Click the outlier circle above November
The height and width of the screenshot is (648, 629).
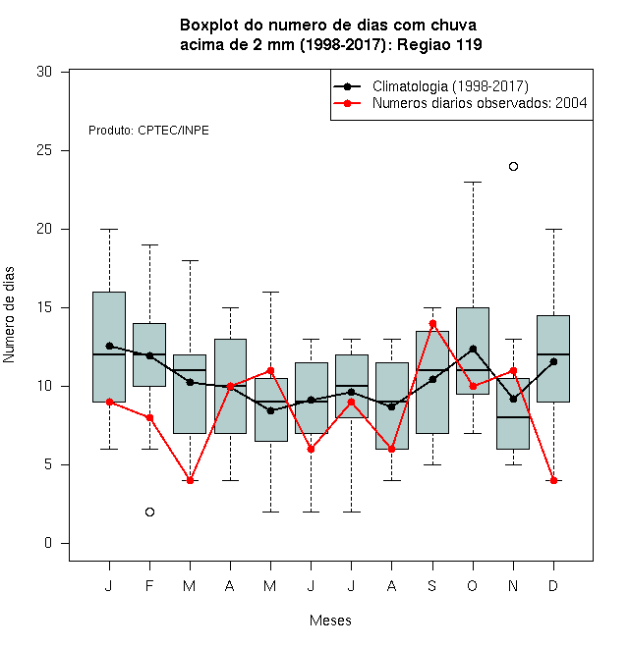pyautogui.click(x=513, y=167)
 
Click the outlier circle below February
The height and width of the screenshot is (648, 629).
pyautogui.click(x=149, y=513)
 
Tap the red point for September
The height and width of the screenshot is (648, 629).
pyautogui.click(x=432, y=324)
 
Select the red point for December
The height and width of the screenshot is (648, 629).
pyautogui.click(x=553, y=481)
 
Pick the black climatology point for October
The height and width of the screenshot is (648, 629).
pyautogui.click(x=473, y=350)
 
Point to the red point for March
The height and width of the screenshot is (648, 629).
pyautogui.click(x=190, y=481)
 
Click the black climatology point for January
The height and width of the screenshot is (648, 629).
pyautogui.click(x=109, y=346)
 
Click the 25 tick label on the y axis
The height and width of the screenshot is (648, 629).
pyautogui.click(x=44, y=150)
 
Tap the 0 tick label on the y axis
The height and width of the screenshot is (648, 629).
pyautogui.click(x=48, y=543)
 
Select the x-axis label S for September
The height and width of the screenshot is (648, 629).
pyautogui.click(x=432, y=585)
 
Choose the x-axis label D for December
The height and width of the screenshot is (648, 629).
pyautogui.click(x=553, y=585)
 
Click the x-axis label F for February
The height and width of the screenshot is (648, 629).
pyautogui.click(x=149, y=585)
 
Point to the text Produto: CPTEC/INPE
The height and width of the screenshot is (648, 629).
pyautogui.click(x=148, y=131)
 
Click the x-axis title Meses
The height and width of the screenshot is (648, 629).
pyautogui.click(x=330, y=621)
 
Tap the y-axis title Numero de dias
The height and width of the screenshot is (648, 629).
pyautogui.click(x=9, y=315)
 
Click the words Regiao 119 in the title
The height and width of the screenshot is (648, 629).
pyautogui.click(x=439, y=44)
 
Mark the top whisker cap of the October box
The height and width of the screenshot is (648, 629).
pyautogui.click(x=473, y=182)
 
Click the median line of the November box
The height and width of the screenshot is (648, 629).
pyautogui.click(x=513, y=417)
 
